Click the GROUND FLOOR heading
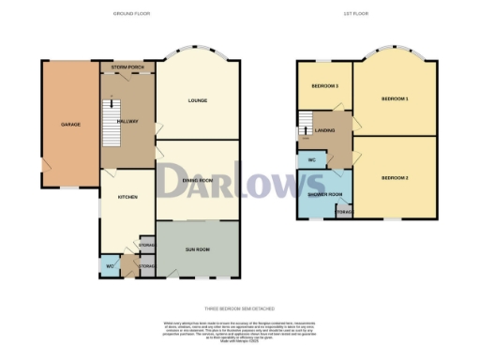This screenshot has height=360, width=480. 131,14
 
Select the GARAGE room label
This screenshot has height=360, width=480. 70,124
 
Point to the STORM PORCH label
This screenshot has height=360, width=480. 127,67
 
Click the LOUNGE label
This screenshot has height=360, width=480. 197,100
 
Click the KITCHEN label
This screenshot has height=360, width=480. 127,197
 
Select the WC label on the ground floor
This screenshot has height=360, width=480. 109,266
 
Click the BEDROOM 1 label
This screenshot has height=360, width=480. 394,98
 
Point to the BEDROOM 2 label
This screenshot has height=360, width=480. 394,176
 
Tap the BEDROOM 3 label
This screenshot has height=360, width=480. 324,86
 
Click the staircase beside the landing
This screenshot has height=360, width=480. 306,123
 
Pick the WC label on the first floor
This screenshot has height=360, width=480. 309,160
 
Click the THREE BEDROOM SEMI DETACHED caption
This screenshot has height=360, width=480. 240,307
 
